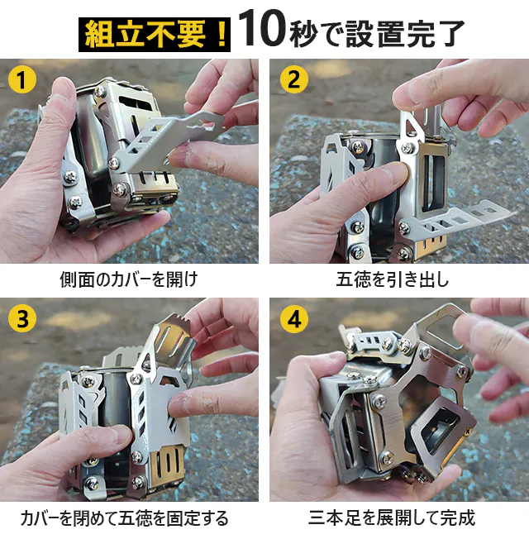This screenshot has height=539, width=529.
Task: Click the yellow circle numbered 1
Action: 22,79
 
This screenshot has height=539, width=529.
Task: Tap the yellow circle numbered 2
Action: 294,79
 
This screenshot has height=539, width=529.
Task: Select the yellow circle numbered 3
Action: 22,318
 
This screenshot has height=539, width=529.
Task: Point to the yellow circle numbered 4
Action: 294,318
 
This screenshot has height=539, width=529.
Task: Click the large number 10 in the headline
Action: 261,29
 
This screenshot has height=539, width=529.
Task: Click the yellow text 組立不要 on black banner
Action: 145,34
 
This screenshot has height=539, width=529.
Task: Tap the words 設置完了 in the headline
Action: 405,34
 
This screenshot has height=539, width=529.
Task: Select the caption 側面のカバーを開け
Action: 129,279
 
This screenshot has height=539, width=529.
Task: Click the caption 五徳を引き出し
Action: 393,279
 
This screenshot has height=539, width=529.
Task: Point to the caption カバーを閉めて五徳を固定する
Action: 125,518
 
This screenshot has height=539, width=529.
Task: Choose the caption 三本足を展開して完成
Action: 392,518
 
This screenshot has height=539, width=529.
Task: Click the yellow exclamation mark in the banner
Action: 222,34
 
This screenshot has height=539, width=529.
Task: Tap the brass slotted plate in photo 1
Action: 156,188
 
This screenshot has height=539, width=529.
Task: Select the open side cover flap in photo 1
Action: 169,137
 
